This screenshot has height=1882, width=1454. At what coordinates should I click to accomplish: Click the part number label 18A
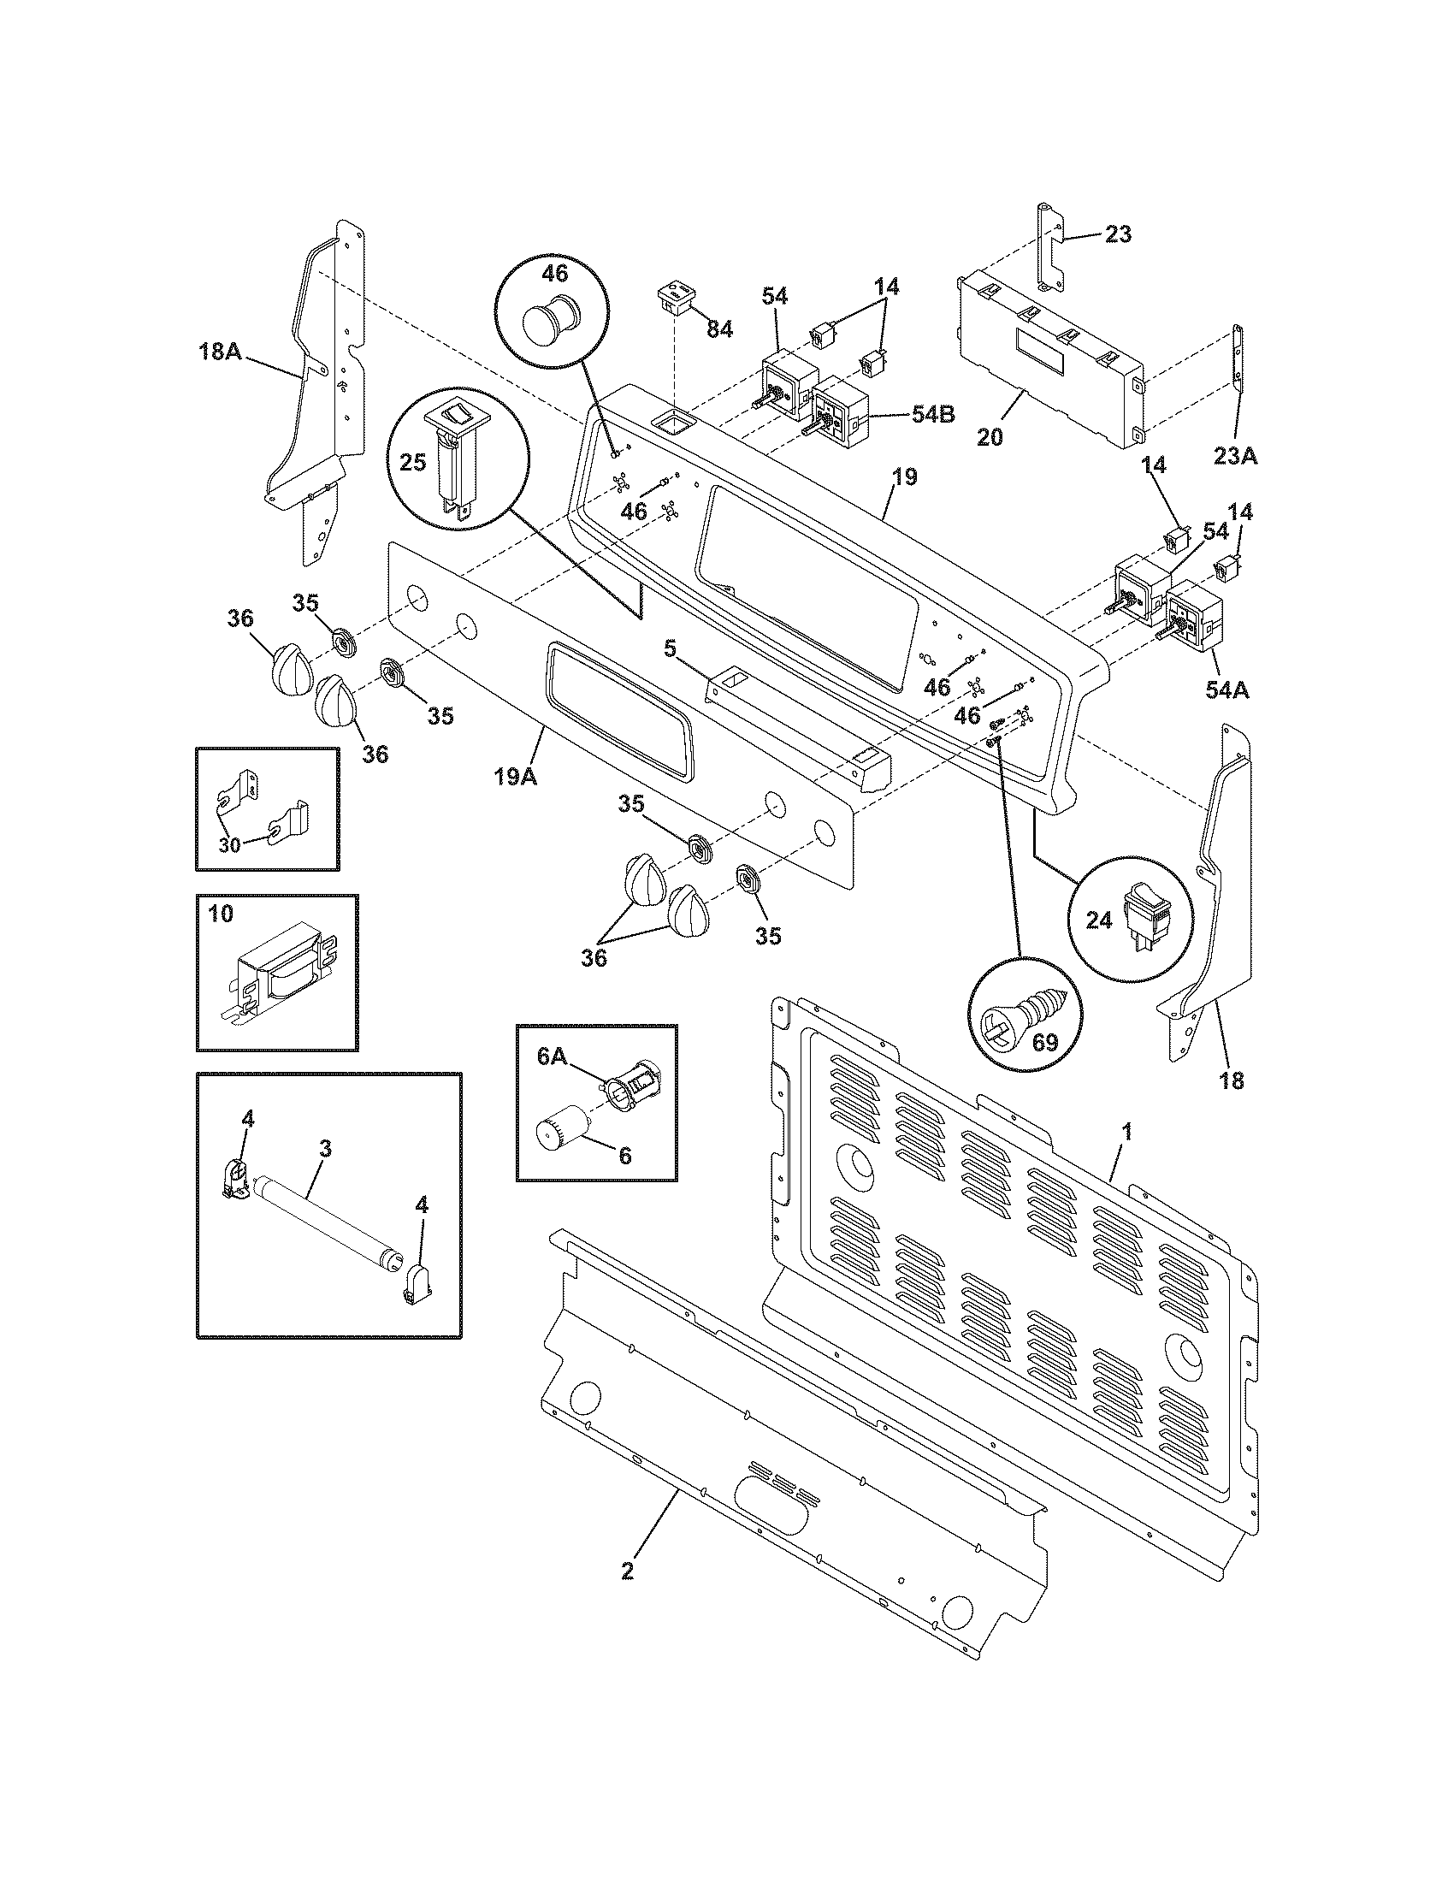pyautogui.click(x=221, y=352)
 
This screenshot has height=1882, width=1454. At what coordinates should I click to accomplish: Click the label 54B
pyautogui.click(x=933, y=415)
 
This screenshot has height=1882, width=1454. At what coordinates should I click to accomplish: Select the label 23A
pyautogui.click(x=1236, y=456)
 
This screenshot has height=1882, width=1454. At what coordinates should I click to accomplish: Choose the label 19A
pyautogui.click(x=515, y=777)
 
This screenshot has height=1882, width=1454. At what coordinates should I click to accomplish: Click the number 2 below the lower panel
pyautogui.click(x=627, y=1571)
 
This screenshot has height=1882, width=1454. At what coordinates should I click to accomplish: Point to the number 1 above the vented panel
pyautogui.click(x=1126, y=1132)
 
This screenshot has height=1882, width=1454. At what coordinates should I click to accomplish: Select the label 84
pyautogui.click(x=719, y=328)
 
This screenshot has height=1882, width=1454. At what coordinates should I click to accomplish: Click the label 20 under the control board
pyautogui.click(x=990, y=437)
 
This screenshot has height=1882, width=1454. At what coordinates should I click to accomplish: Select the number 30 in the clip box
pyautogui.click(x=229, y=844)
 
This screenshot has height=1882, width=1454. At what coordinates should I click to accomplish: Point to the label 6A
pyautogui.click(x=553, y=1057)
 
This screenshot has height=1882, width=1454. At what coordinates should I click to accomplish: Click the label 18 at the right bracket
pyautogui.click(x=1232, y=1080)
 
